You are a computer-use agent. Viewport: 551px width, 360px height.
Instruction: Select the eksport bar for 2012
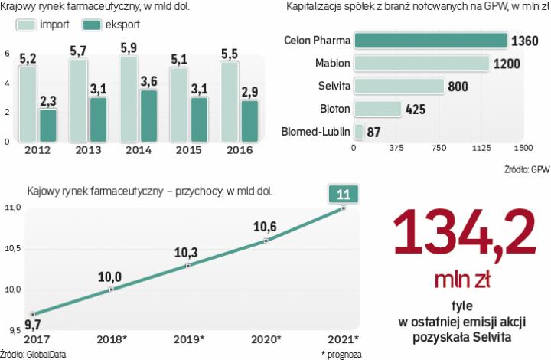47,125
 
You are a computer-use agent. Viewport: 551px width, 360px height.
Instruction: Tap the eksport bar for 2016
249,120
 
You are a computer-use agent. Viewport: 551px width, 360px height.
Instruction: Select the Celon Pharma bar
430,40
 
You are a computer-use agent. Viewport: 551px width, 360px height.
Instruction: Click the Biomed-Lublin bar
358,131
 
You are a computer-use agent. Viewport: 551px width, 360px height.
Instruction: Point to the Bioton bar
377,109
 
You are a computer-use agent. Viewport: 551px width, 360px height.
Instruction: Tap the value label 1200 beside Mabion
507,63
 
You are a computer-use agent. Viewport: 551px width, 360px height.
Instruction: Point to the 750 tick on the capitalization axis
439,148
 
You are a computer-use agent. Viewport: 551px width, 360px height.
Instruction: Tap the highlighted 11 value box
343,195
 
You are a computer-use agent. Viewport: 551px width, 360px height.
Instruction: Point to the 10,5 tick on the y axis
12,248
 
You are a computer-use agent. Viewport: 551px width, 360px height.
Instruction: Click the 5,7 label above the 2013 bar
79,51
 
